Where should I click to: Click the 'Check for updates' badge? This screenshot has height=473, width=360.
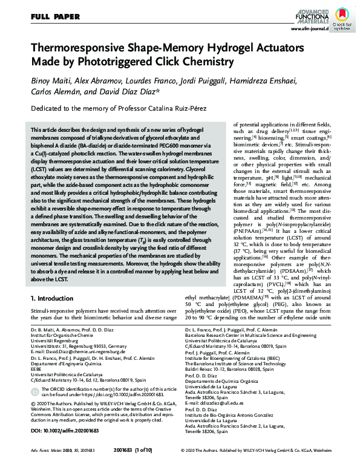tap(342, 15)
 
